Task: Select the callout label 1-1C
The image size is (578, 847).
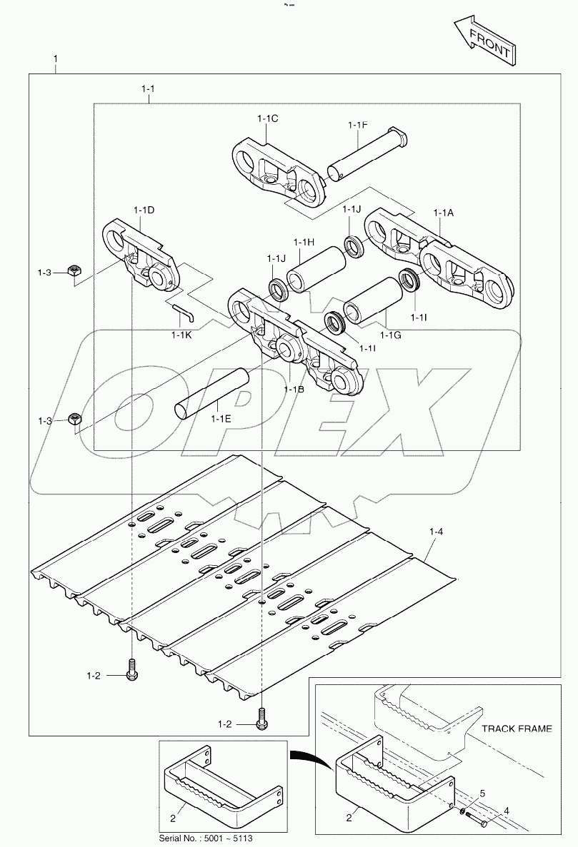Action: [x=268, y=118]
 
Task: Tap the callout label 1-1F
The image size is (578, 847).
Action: [x=358, y=126]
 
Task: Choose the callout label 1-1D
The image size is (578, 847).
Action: [x=144, y=210]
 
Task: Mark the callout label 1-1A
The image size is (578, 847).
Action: [x=443, y=213]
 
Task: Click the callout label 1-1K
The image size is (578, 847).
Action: [x=181, y=333]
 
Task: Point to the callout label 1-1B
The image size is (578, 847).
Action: [x=294, y=389]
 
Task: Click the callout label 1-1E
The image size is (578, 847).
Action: [x=221, y=419]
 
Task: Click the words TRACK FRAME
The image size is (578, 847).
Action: [x=517, y=729]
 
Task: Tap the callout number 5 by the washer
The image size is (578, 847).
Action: [x=482, y=793]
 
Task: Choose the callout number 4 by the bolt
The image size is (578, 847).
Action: [x=507, y=810]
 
